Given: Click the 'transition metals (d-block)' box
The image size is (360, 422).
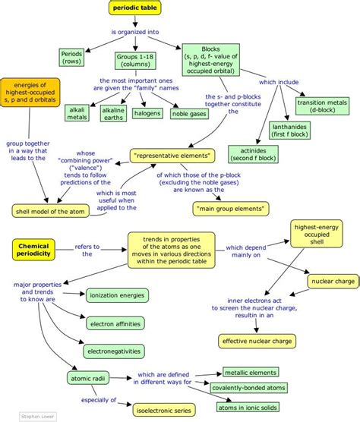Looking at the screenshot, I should pos(321,106).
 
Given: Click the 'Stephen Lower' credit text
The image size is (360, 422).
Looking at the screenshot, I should pos(16,417).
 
